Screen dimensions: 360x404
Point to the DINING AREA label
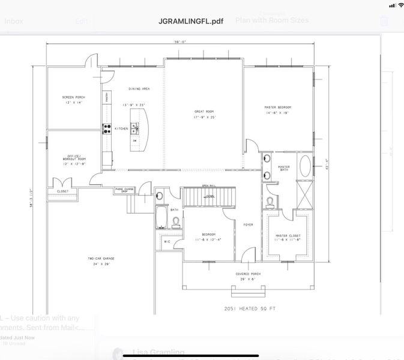pyautogui.click(x=139, y=89)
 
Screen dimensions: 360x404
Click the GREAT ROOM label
pyautogui.click(x=205, y=111)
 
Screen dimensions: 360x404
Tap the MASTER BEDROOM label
pyautogui.click(x=277, y=107)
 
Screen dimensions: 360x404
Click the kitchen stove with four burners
pyautogui.click(x=107, y=127)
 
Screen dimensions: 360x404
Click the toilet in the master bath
pyautogui.click(x=270, y=201)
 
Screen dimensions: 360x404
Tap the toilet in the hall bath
pyautogui.click(x=176, y=222)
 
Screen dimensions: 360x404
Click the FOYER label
pyautogui.click(x=248, y=225)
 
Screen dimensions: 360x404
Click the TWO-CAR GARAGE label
pyautogui.click(x=101, y=259)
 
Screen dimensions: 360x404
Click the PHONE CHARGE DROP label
pyautogui.click(x=125, y=190)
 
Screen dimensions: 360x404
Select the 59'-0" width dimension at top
pyautogui.click(x=181, y=41)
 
